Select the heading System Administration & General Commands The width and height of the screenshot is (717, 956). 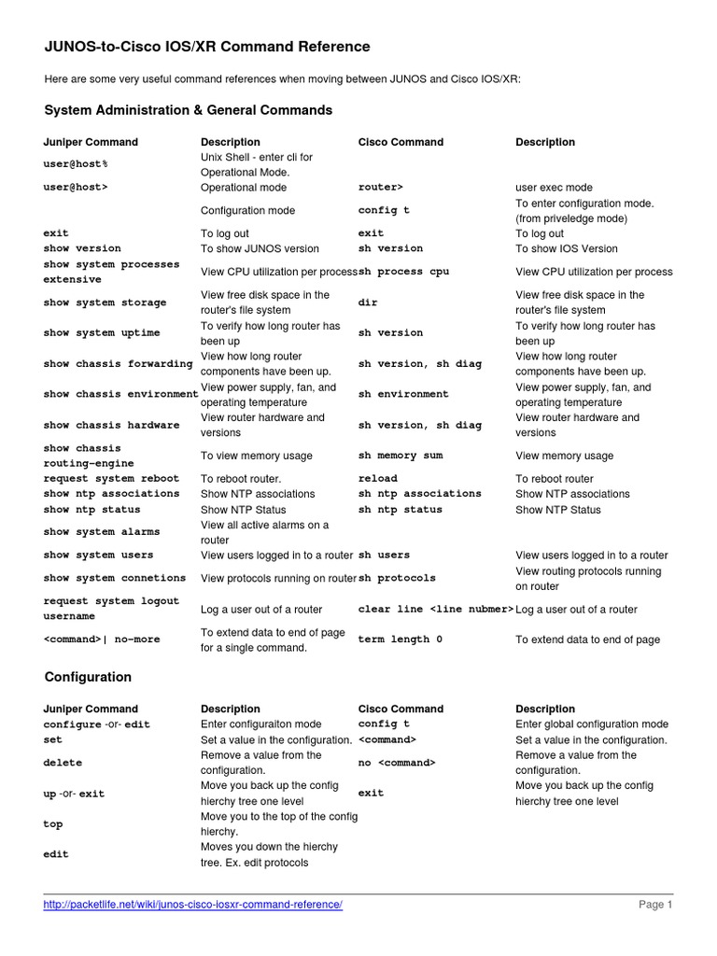tap(188, 110)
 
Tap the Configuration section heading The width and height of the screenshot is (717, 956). tap(88, 677)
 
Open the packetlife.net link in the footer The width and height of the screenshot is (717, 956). tap(193, 905)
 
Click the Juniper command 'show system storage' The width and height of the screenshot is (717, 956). tap(105, 302)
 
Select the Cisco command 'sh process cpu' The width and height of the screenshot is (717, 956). tap(403, 272)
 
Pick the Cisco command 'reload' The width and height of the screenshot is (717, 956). tap(377, 478)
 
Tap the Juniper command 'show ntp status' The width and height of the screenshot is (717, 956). tap(91, 510)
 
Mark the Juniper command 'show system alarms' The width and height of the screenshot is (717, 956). tap(101, 532)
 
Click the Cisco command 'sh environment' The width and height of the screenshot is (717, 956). tap(403, 394)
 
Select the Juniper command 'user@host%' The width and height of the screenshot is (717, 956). tap(76, 164)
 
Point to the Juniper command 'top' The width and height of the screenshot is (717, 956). tap(53, 824)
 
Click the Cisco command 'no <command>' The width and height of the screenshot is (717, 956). tap(397, 763)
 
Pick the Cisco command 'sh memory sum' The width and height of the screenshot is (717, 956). tap(401, 456)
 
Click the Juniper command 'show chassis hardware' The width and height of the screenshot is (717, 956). tap(111, 425)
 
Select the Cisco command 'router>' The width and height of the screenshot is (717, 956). tap(380, 187)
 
